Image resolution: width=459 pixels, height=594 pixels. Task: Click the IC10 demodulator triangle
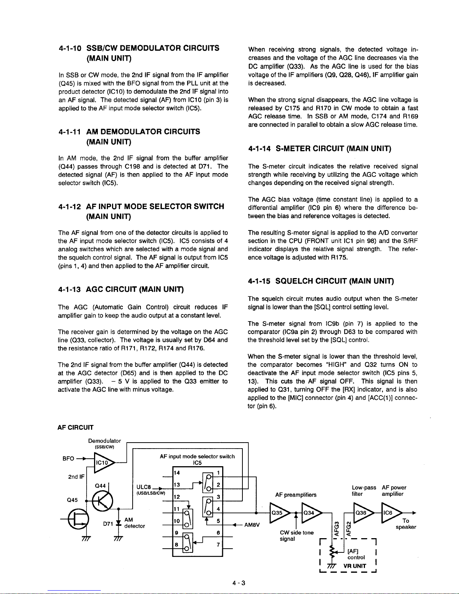pos(102,462)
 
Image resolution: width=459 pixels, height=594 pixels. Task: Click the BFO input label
pos(68,458)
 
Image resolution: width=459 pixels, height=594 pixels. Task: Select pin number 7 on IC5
pos(218,544)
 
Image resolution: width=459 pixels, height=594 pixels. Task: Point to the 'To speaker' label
pos(405,524)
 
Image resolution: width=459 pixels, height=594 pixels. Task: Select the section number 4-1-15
pos(260,281)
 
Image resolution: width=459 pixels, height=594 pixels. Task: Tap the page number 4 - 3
pos(239,582)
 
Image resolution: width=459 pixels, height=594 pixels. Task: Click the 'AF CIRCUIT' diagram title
pos(75,428)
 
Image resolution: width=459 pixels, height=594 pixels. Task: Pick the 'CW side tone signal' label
pos(296,536)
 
